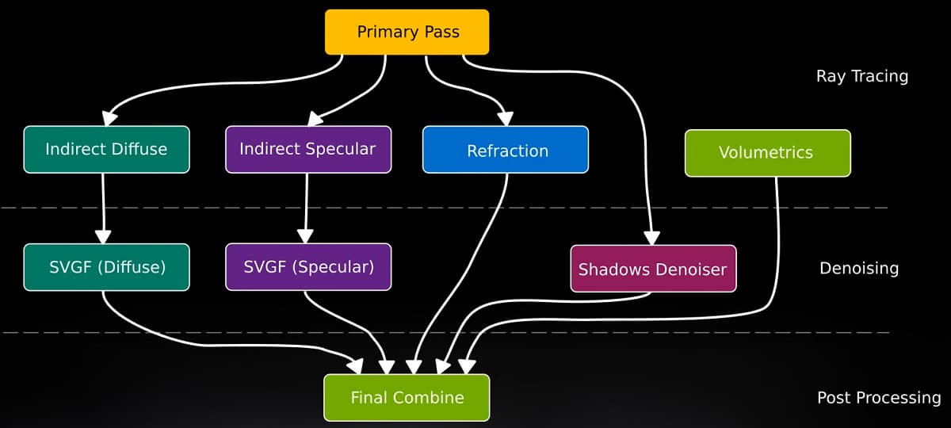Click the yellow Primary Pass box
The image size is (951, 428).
coord(407,32)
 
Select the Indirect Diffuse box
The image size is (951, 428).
coord(106,149)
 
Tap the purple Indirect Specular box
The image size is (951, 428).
coord(307,149)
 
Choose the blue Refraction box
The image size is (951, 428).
coord(506,150)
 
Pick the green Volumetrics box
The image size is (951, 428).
coord(767,152)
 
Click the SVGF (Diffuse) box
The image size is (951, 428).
coord(106,267)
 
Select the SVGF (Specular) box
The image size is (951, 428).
coord(307,267)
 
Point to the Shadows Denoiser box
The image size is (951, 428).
coord(652,269)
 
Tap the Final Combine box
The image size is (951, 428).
coord(407,397)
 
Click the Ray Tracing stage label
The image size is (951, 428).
coord(861,76)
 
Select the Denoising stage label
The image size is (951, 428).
coord(858,268)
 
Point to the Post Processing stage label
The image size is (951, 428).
coord(878,398)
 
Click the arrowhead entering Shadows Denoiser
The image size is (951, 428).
coord(651,236)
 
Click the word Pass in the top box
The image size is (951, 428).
coord(441,32)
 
